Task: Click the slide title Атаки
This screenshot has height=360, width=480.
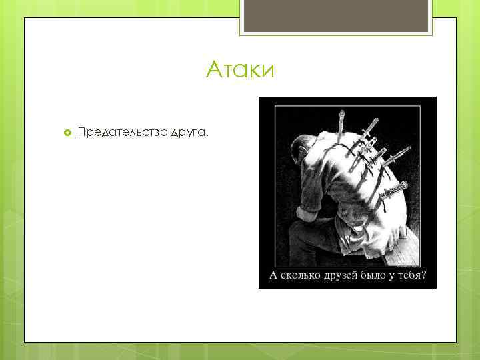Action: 240,69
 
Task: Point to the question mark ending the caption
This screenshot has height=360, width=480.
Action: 425,275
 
